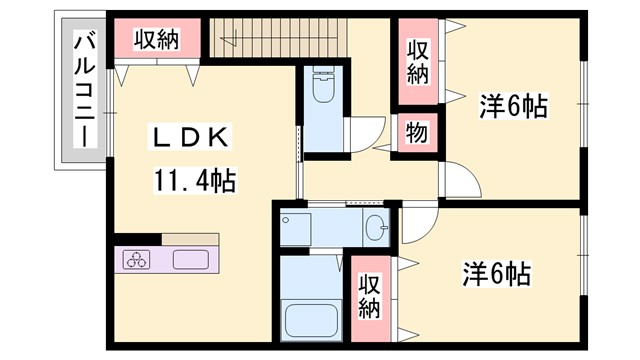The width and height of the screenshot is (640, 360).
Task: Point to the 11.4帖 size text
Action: pyautogui.click(x=194, y=181)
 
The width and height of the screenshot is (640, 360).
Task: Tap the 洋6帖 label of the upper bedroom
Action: pyautogui.click(x=513, y=106)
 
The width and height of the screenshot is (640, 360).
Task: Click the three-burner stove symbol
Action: pyautogui.click(x=136, y=260)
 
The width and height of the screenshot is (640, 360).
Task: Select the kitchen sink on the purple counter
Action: pyautogui.click(x=190, y=260)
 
